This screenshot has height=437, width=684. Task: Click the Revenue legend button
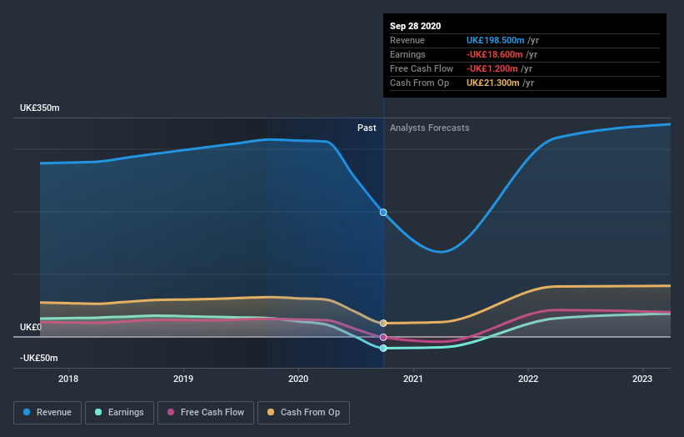(48, 412)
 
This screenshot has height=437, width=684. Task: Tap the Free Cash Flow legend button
(206, 412)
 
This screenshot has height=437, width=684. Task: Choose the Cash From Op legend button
(304, 412)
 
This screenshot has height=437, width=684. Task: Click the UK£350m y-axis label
(40, 108)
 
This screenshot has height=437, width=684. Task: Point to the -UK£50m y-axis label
(39, 358)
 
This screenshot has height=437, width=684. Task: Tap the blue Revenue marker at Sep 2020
(383, 212)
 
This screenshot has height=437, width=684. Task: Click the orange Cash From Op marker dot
(383, 323)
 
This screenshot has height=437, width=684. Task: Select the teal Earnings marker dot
(383, 348)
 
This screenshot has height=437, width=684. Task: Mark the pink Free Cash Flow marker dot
(383, 337)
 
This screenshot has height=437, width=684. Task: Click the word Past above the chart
(367, 128)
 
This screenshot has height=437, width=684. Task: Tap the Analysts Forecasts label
(429, 128)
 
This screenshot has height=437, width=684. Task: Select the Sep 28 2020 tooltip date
(416, 26)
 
